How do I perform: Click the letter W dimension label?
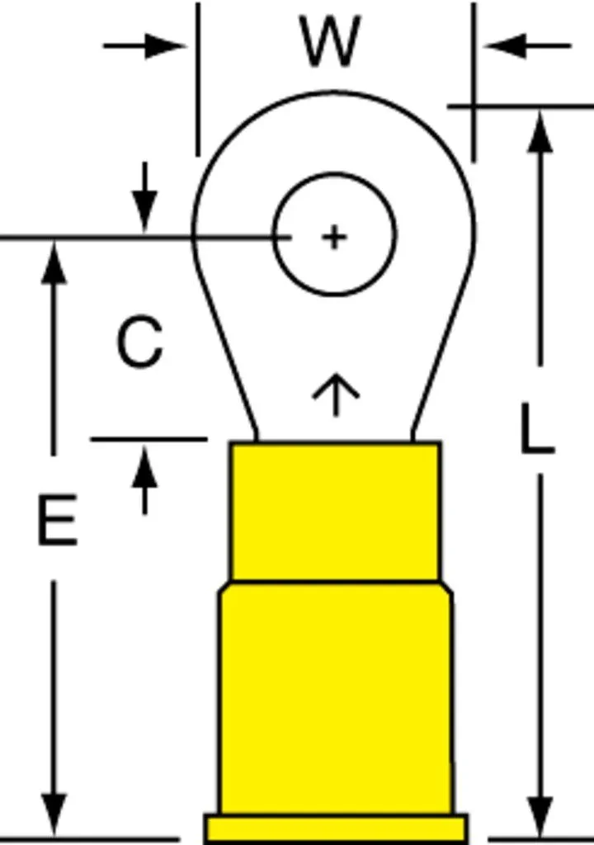(330, 41)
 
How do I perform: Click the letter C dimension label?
(139, 342)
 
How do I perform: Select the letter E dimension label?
(57, 520)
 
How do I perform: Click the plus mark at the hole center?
(334, 237)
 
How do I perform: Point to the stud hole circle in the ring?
(273, 235)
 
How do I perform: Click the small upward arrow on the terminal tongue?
(336, 394)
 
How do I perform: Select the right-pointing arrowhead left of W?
(165, 46)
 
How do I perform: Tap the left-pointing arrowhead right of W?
(507, 46)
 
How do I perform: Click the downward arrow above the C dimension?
(144, 197)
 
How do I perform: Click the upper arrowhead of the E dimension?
(54, 262)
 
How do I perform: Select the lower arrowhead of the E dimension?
(54, 814)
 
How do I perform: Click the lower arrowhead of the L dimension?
(540, 816)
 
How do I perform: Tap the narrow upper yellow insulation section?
(335, 512)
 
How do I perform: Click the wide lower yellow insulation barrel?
(336, 698)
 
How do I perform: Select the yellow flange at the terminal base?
(336, 828)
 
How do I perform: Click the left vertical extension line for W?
(198, 79)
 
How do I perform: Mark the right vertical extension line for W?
(474, 82)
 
